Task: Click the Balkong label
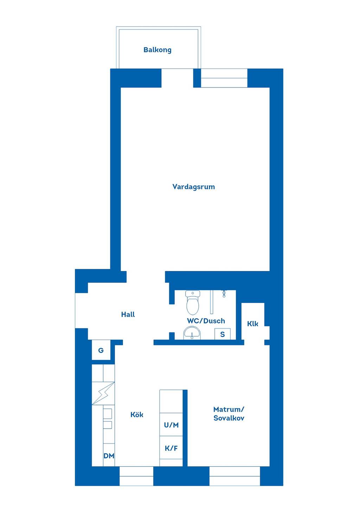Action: [x=157, y=50]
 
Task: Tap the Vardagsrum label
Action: [x=193, y=187]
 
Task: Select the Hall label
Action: [x=128, y=315]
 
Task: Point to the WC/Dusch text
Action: [x=206, y=321]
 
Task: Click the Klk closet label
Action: [x=252, y=324]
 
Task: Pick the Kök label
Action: [x=137, y=414]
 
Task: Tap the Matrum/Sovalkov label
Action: [x=229, y=413]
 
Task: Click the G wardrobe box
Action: [x=101, y=350]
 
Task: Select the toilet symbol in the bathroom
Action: [x=193, y=302]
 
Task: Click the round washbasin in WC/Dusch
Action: [x=192, y=333]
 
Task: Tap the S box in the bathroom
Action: [x=223, y=334]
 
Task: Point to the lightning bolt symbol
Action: [x=103, y=393]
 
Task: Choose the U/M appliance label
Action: [x=171, y=425]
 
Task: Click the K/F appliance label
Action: [x=171, y=448]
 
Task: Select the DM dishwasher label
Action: [x=109, y=456]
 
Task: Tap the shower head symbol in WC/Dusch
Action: [x=224, y=294]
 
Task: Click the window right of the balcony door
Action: [x=224, y=78]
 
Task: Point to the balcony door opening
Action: [x=177, y=78]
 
